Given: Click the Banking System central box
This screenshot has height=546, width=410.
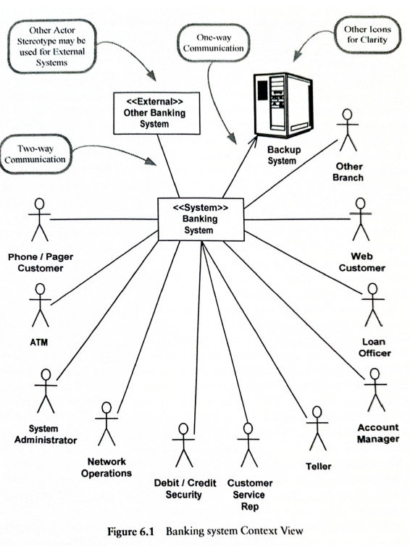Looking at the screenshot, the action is click(x=201, y=219).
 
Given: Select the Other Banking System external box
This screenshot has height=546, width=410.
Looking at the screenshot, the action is click(x=156, y=113).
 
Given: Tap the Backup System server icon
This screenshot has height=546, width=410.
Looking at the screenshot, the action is click(x=283, y=105).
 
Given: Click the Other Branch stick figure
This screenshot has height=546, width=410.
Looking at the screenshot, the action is click(x=348, y=130).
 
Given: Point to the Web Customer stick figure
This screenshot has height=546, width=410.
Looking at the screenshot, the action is click(x=361, y=219).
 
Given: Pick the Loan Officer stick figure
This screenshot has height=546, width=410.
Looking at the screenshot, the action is click(x=373, y=305).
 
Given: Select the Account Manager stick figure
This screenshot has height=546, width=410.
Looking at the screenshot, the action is click(x=375, y=390).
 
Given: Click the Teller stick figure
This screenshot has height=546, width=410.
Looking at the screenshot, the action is click(x=317, y=428).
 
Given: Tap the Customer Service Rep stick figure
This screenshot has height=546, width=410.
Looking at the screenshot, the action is click(x=248, y=445).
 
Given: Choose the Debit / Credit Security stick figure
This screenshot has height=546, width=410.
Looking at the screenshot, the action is click(x=183, y=445).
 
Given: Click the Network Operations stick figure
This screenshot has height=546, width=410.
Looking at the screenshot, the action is click(x=106, y=424).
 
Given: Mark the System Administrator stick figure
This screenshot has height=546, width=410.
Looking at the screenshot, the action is click(x=46, y=391).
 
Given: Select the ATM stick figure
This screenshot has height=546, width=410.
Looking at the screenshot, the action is click(x=40, y=305).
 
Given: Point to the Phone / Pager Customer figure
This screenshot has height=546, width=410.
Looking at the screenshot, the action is click(x=39, y=219).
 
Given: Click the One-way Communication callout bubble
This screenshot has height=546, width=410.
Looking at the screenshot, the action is click(x=214, y=43).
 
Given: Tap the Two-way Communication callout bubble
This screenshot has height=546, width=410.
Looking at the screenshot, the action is click(x=35, y=154).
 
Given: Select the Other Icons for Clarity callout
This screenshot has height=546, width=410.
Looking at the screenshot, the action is click(x=367, y=35).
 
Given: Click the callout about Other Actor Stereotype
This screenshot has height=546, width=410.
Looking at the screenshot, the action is click(x=52, y=46).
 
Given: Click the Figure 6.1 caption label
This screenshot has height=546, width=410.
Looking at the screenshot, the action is click(x=205, y=532).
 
